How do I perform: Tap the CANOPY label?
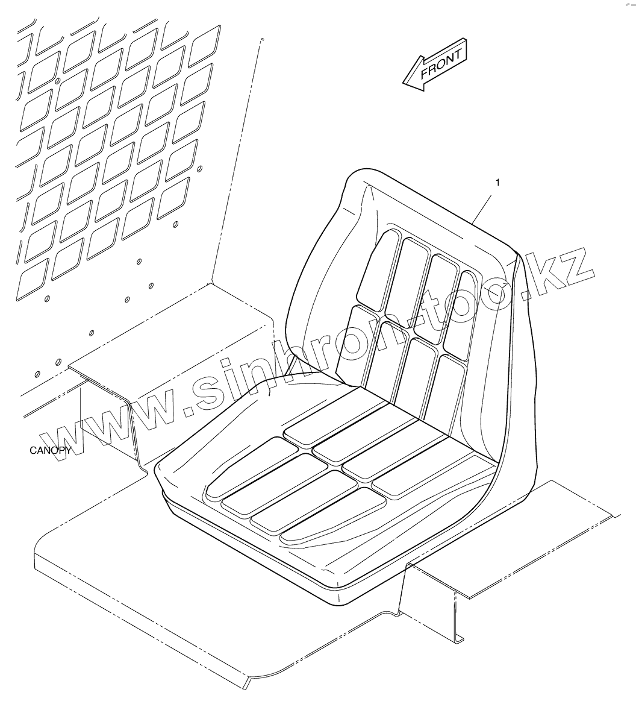coord(50,450)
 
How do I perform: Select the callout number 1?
coord(497,181)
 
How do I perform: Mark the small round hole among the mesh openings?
coord(57,79)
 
